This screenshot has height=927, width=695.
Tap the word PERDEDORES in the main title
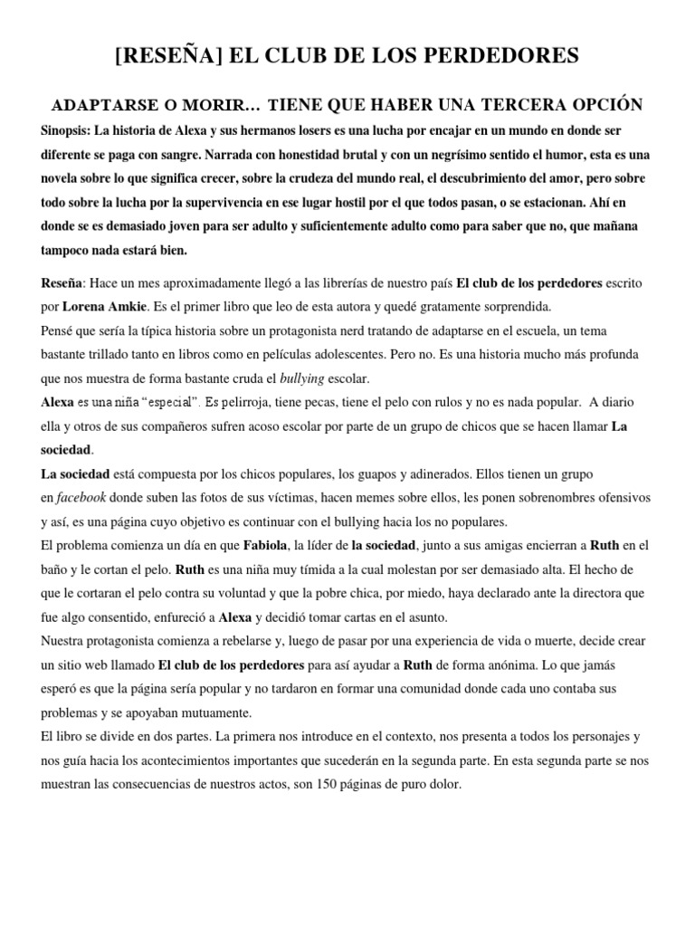tap(506, 56)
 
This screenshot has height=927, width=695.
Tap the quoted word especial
tap(167, 401)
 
